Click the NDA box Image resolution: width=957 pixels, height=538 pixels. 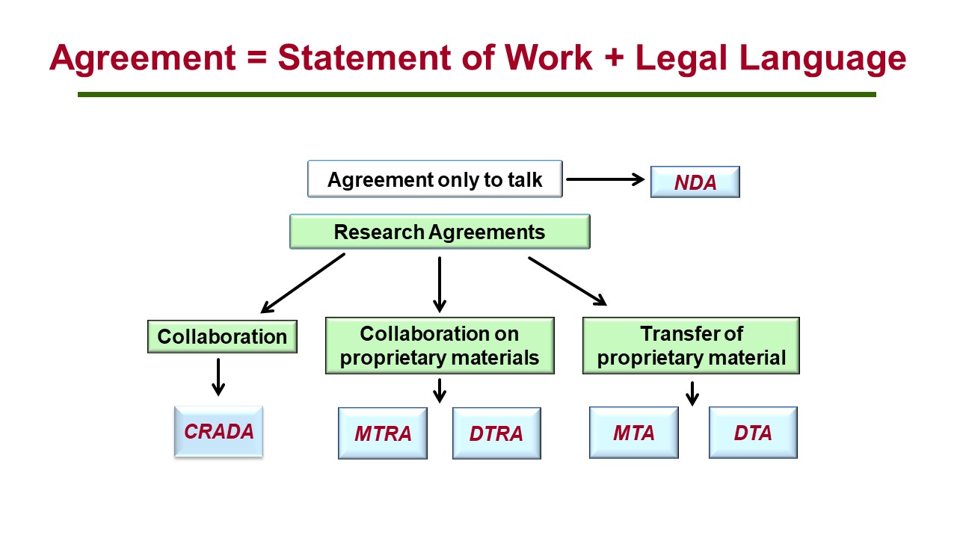pyautogui.click(x=695, y=182)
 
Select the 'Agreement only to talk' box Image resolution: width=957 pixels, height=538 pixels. pyautogui.click(x=434, y=179)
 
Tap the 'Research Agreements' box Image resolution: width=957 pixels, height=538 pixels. pyautogui.click(x=440, y=232)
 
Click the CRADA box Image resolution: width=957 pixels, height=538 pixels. pyautogui.click(x=218, y=432)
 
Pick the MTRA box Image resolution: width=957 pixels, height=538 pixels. pyautogui.click(x=383, y=433)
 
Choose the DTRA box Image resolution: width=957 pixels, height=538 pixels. pyautogui.click(x=496, y=433)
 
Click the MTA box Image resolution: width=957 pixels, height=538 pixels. pyautogui.click(x=633, y=433)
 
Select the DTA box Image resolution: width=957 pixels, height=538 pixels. pyautogui.click(x=753, y=433)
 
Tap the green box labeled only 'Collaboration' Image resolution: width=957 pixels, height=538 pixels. pyautogui.click(x=222, y=336)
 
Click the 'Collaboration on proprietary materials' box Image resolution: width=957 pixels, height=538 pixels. pyautogui.click(x=440, y=345)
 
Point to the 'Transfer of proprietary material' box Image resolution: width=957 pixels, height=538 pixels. pyautogui.click(x=691, y=345)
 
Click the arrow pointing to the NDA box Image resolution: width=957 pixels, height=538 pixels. pyautogui.click(x=605, y=179)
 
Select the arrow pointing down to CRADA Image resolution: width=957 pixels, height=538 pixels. pyautogui.click(x=218, y=377)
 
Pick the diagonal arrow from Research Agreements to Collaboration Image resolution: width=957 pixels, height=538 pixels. pyautogui.click(x=303, y=282)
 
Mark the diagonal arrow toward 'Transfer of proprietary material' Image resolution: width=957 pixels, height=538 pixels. pyautogui.click(x=567, y=281)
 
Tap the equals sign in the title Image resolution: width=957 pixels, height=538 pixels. pyautogui.click(x=253, y=58)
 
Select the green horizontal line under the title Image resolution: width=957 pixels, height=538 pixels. pyautogui.click(x=476, y=95)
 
